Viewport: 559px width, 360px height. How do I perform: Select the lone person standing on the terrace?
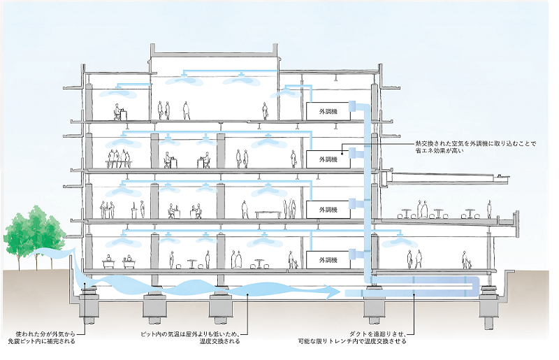490,208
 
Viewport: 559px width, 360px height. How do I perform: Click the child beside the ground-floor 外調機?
294,264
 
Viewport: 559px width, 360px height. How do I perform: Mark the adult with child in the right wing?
467,260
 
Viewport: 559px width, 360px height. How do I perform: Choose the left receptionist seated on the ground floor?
109,259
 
